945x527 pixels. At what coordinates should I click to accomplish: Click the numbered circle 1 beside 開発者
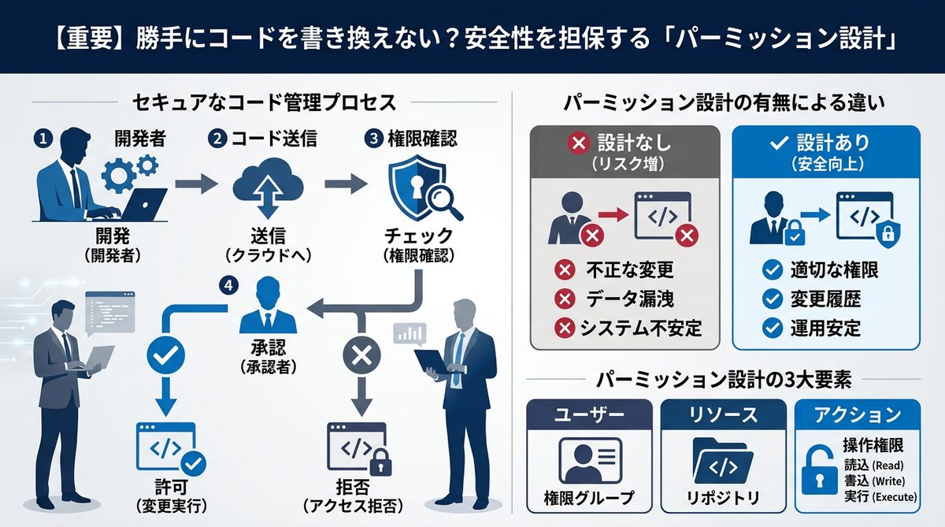coord(43,138)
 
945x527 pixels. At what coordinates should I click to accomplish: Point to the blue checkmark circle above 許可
coord(166,357)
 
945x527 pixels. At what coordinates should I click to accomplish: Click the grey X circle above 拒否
coord(361,356)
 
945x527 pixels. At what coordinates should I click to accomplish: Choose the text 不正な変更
coord(630,270)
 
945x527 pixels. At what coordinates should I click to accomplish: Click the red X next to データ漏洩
coord(564,299)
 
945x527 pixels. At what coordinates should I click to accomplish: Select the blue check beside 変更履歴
coord(773,299)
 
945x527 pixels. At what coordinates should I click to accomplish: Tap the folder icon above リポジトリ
coord(723,462)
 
